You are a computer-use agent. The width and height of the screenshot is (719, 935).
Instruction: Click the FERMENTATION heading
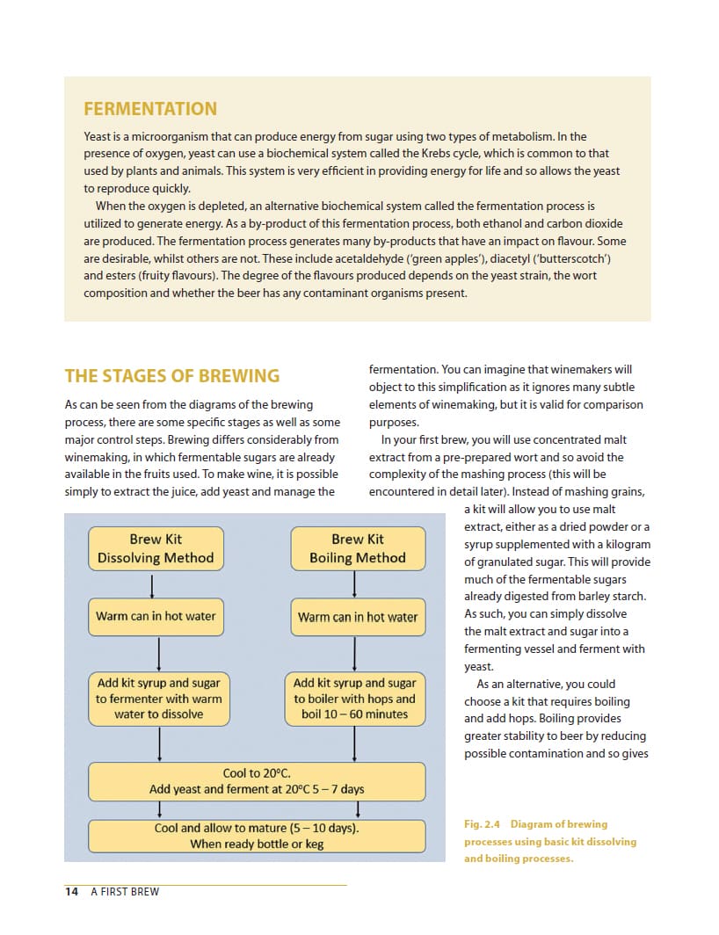(x=149, y=109)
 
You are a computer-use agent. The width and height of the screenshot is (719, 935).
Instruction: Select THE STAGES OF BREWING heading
(x=171, y=376)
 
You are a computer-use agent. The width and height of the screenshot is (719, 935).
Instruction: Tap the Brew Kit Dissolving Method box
(x=155, y=548)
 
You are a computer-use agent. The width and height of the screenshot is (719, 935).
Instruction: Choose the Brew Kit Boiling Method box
(x=358, y=548)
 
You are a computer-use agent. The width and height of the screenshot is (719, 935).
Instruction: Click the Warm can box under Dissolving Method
(x=156, y=616)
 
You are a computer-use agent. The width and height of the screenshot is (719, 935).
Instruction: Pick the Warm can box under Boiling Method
(x=358, y=617)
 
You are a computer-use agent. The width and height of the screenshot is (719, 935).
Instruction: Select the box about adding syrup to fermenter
(x=158, y=699)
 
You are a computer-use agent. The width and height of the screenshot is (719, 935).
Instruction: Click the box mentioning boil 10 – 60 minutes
(x=354, y=699)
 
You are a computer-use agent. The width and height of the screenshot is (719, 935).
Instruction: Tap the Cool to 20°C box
(x=257, y=781)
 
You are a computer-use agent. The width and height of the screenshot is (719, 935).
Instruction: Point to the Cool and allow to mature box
(x=257, y=836)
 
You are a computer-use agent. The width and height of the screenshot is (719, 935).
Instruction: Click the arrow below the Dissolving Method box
(x=153, y=585)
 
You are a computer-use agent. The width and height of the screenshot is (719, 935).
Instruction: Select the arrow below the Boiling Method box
(x=354, y=585)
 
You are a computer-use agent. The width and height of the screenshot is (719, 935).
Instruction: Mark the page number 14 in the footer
(x=71, y=891)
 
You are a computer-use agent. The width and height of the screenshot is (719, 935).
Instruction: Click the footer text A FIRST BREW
(x=125, y=891)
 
